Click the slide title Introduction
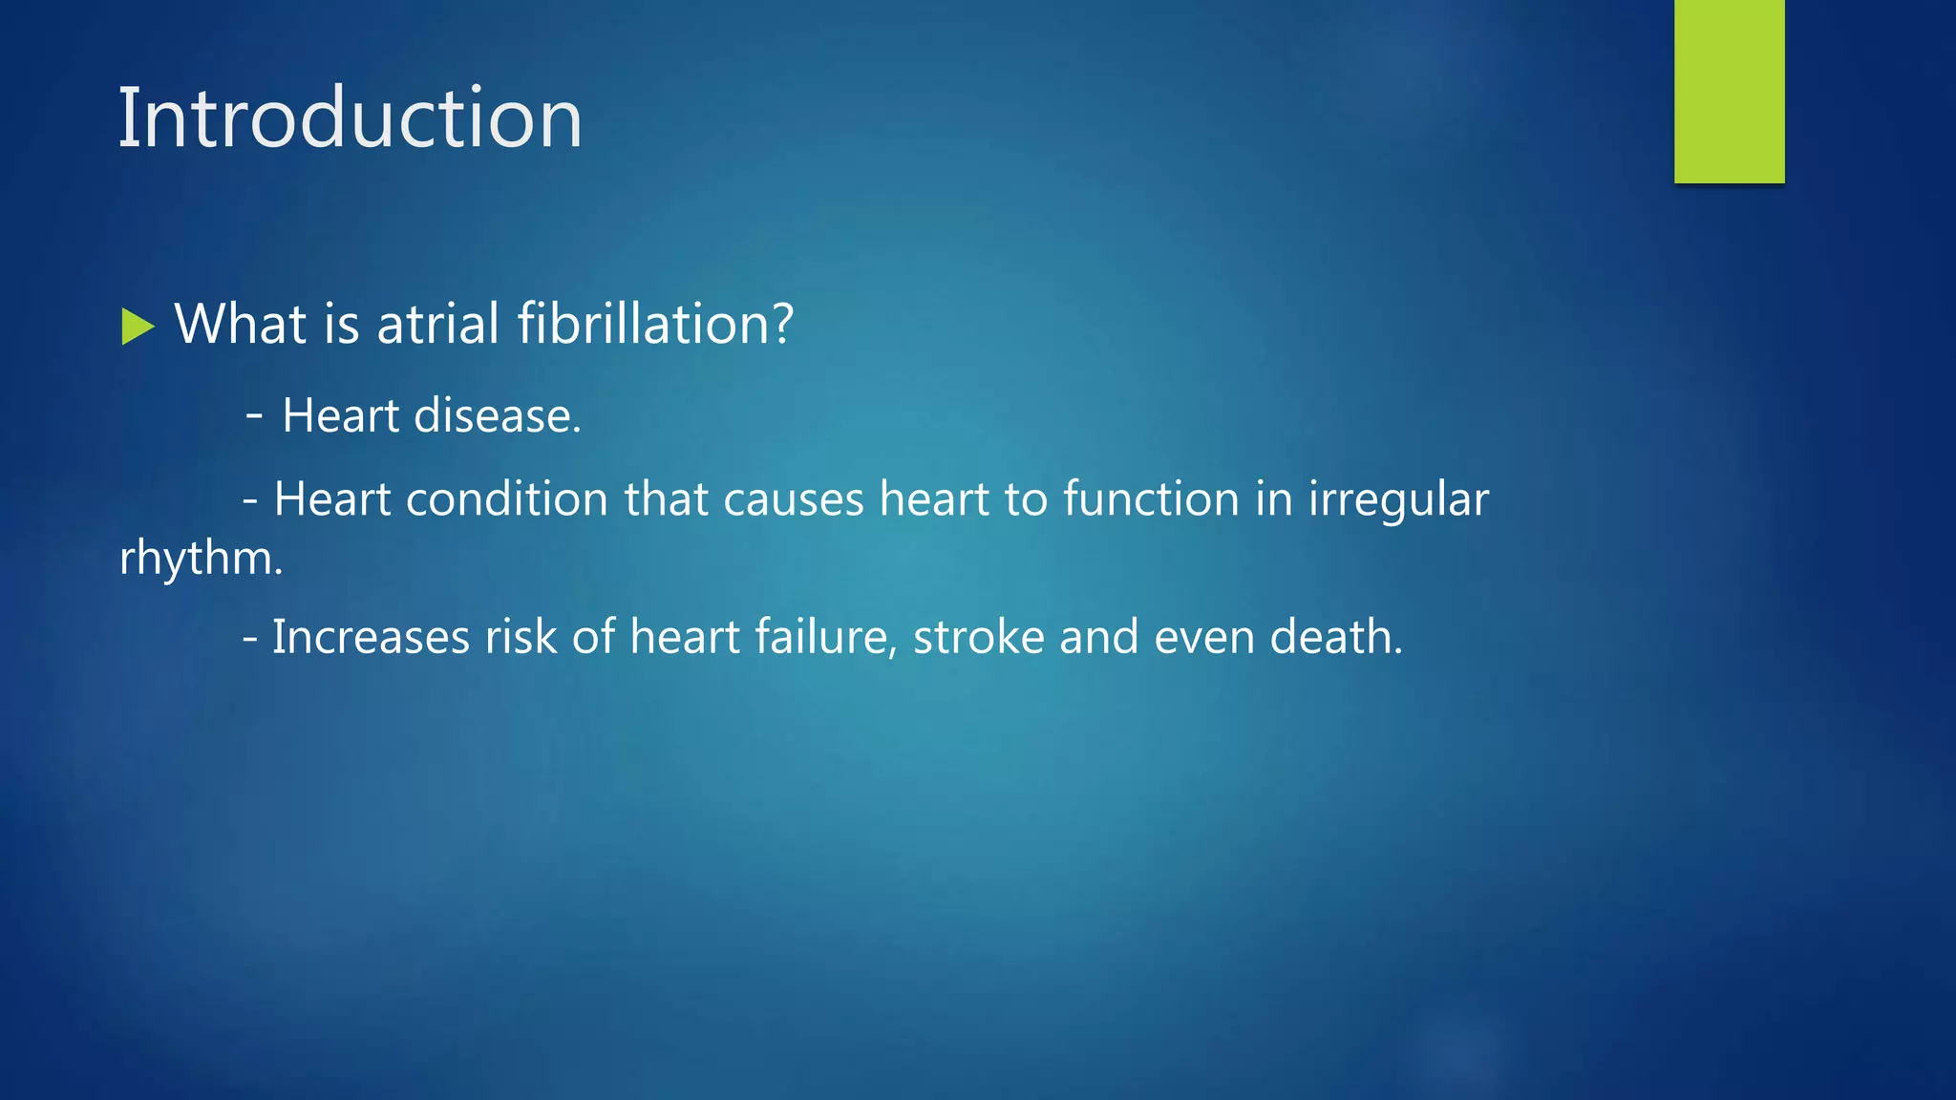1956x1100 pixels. point(350,118)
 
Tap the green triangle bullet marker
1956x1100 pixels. point(138,327)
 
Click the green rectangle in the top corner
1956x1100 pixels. point(1729,91)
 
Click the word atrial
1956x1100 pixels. point(438,324)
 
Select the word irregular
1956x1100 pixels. point(1398,499)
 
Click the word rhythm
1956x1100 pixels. point(201,559)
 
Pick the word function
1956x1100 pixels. point(1151,499)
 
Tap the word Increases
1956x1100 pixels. point(371,637)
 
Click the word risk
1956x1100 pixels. point(521,637)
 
